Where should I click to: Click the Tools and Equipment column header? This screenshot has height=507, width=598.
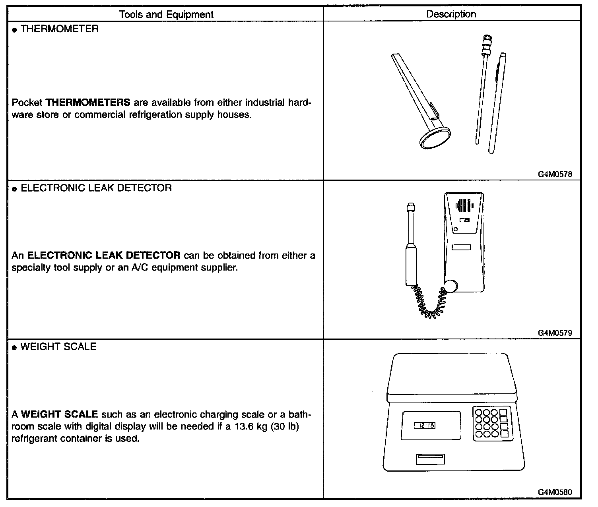(166, 15)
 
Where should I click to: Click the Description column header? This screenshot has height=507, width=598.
(451, 14)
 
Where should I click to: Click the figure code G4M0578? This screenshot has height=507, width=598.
(555, 174)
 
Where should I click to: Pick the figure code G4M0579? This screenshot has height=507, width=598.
(555, 333)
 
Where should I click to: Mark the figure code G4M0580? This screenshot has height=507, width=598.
(555, 492)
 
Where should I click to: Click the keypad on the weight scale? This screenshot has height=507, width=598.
(491, 424)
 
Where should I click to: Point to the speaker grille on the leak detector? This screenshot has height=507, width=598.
(464, 205)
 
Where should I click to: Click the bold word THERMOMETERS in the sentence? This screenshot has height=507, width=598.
(88, 103)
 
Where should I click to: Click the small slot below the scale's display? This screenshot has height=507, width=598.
(430, 459)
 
